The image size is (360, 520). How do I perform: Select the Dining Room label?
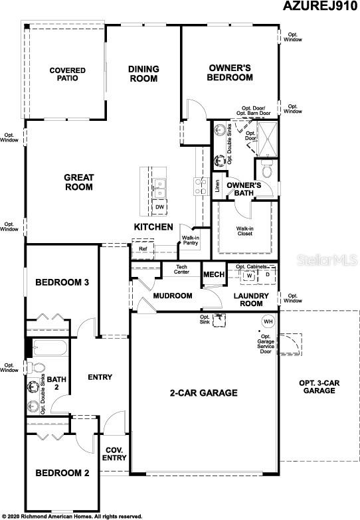click(x=143, y=74)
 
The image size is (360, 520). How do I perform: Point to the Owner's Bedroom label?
click(x=230, y=72)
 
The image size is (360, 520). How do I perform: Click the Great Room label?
click(x=78, y=182)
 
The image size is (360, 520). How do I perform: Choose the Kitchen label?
click(x=153, y=227)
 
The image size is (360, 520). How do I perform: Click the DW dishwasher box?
click(x=159, y=207)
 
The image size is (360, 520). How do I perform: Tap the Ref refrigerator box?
click(x=143, y=249)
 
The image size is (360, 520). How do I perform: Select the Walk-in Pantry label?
click(x=191, y=241)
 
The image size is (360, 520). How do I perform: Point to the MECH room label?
click(x=213, y=275)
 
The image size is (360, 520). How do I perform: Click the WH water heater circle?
click(x=268, y=321)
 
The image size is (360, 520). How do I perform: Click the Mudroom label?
click(x=173, y=296)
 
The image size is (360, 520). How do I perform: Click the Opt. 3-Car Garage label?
click(x=317, y=386)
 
